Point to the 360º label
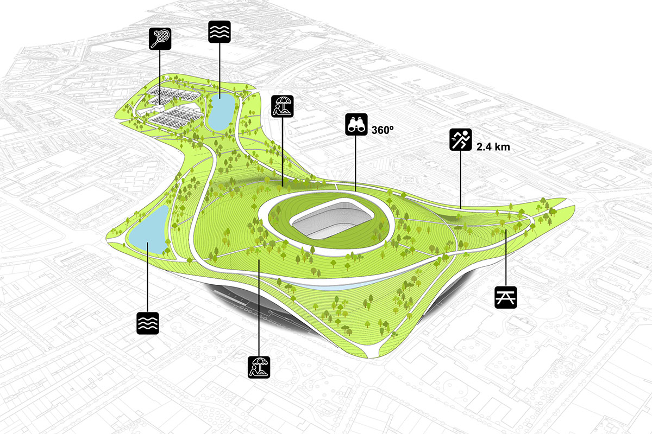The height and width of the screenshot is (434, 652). [382, 130]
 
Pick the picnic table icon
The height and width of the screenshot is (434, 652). [506, 297]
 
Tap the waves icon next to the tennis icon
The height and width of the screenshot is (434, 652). [220, 32]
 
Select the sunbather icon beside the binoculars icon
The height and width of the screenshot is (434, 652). [283, 106]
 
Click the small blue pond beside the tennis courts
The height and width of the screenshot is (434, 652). [220, 112]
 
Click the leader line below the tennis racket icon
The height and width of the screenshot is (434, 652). [159, 76]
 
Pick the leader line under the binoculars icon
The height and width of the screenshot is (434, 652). [356, 163]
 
